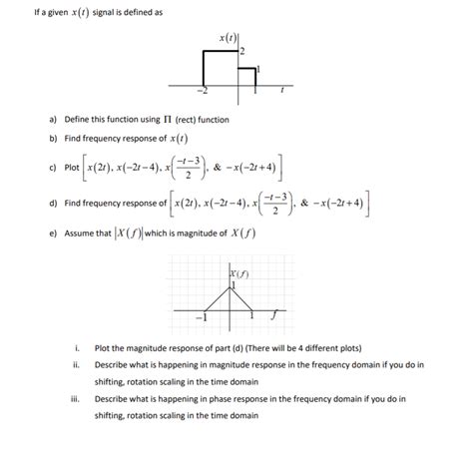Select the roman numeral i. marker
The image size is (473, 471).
[x=76, y=349]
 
